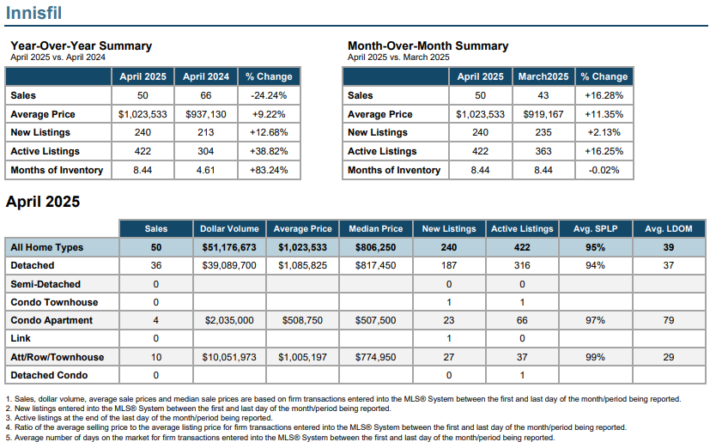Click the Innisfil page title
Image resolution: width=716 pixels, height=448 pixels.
33,12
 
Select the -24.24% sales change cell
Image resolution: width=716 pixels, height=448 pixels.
269,95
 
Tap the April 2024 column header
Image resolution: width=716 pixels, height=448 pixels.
206,76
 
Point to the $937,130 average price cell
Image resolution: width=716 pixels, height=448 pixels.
206,114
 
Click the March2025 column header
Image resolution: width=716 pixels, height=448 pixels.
543,76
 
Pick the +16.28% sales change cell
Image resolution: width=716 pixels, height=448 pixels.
604,95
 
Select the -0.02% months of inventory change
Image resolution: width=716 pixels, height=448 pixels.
604,170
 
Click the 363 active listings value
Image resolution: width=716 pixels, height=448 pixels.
543,151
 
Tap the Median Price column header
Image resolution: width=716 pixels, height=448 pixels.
376,229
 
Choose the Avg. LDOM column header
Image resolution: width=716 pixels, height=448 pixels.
669,229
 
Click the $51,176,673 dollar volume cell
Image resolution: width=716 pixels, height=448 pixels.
229,247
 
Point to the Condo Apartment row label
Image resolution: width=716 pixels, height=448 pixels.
52,321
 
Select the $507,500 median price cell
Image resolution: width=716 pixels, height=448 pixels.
376,321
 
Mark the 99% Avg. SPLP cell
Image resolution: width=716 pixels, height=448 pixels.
596,357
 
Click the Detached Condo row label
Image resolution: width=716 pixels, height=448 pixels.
49,375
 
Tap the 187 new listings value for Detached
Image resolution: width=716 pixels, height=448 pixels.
449,265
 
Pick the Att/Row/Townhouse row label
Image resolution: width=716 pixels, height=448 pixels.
58,357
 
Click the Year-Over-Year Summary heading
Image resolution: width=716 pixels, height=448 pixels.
82,45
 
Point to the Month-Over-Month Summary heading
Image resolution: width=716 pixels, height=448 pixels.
428,45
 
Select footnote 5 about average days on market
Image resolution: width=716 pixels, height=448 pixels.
281,438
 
